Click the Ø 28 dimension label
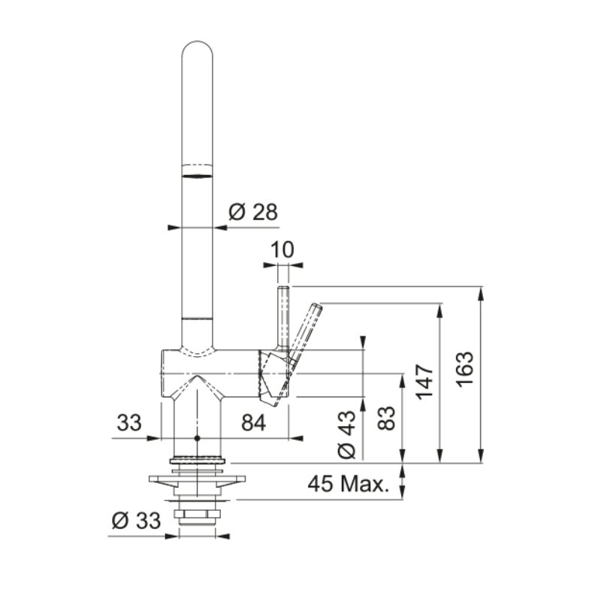click(x=253, y=212)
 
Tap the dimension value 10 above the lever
click(x=282, y=250)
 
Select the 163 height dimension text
click(x=465, y=369)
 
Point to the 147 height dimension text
click(x=425, y=382)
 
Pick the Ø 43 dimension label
click(x=347, y=435)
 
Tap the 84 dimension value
click(x=253, y=424)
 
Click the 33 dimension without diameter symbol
click(x=129, y=423)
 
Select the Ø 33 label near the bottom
click(x=136, y=521)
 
